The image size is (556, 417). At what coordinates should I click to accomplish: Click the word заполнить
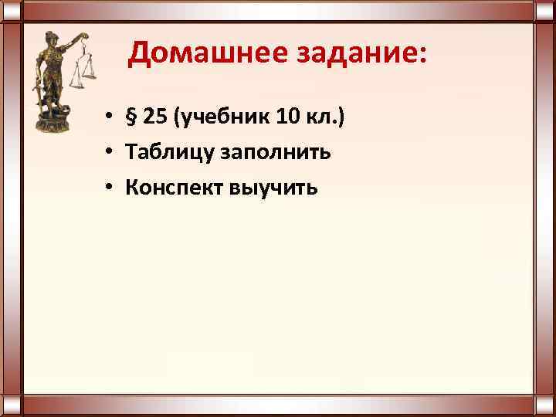coord(266,153)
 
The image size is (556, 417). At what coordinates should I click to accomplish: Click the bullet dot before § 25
coord(111,117)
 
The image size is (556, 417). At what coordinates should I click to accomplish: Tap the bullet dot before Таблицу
coord(111,153)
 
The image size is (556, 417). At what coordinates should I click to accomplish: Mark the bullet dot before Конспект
coord(111,188)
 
